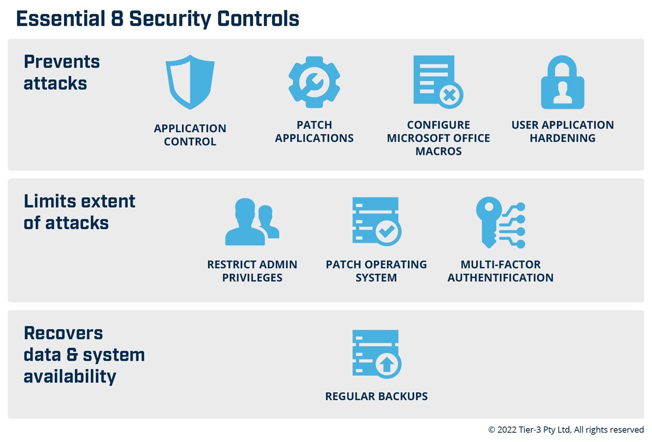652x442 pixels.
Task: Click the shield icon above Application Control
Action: point(190,82)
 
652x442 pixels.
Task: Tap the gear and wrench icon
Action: point(314,82)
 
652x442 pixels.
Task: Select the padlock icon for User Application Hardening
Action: point(562,83)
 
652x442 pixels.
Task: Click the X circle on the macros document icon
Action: point(450,95)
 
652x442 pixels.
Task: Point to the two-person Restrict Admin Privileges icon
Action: point(252,222)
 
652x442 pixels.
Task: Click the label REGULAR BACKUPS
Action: point(376,396)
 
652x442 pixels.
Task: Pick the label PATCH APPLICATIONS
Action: point(314,132)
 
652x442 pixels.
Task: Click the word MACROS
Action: point(438,152)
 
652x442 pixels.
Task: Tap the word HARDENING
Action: point(562,138)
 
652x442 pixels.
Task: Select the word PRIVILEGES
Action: point(252,278)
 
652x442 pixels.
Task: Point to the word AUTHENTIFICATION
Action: point(500,278)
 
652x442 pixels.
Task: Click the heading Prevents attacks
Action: point(62,72)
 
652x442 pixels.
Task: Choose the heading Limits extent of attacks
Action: point(79,212)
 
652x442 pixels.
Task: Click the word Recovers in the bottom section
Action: point(63,333)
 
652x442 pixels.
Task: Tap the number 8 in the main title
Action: point(117,19)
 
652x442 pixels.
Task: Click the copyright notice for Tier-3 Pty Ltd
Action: point(566,429)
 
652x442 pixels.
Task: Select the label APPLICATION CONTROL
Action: point(190,135)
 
